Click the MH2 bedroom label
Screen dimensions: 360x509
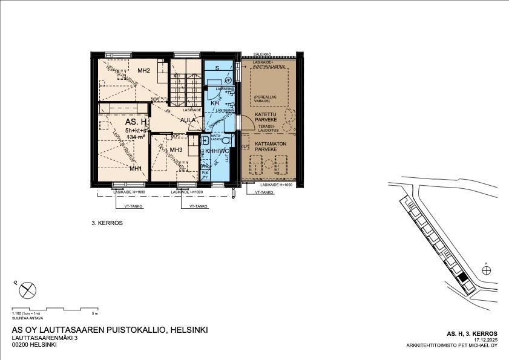pos(143,71)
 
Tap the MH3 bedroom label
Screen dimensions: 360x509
pos(176,149)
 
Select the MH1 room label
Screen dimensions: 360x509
pos(135,168)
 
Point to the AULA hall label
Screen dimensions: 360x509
pos(188,120)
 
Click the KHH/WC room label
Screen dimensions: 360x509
pos(217,151)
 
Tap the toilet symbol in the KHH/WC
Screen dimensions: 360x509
pos(225,140)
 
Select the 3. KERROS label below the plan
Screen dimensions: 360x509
pos(107,223)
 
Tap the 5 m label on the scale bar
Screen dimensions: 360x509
pos(94,313)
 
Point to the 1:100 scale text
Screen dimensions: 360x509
pos(27,313)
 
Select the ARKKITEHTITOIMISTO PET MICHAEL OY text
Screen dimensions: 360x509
pos(452,346)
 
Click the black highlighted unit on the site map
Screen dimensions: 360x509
pos(463,279)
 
